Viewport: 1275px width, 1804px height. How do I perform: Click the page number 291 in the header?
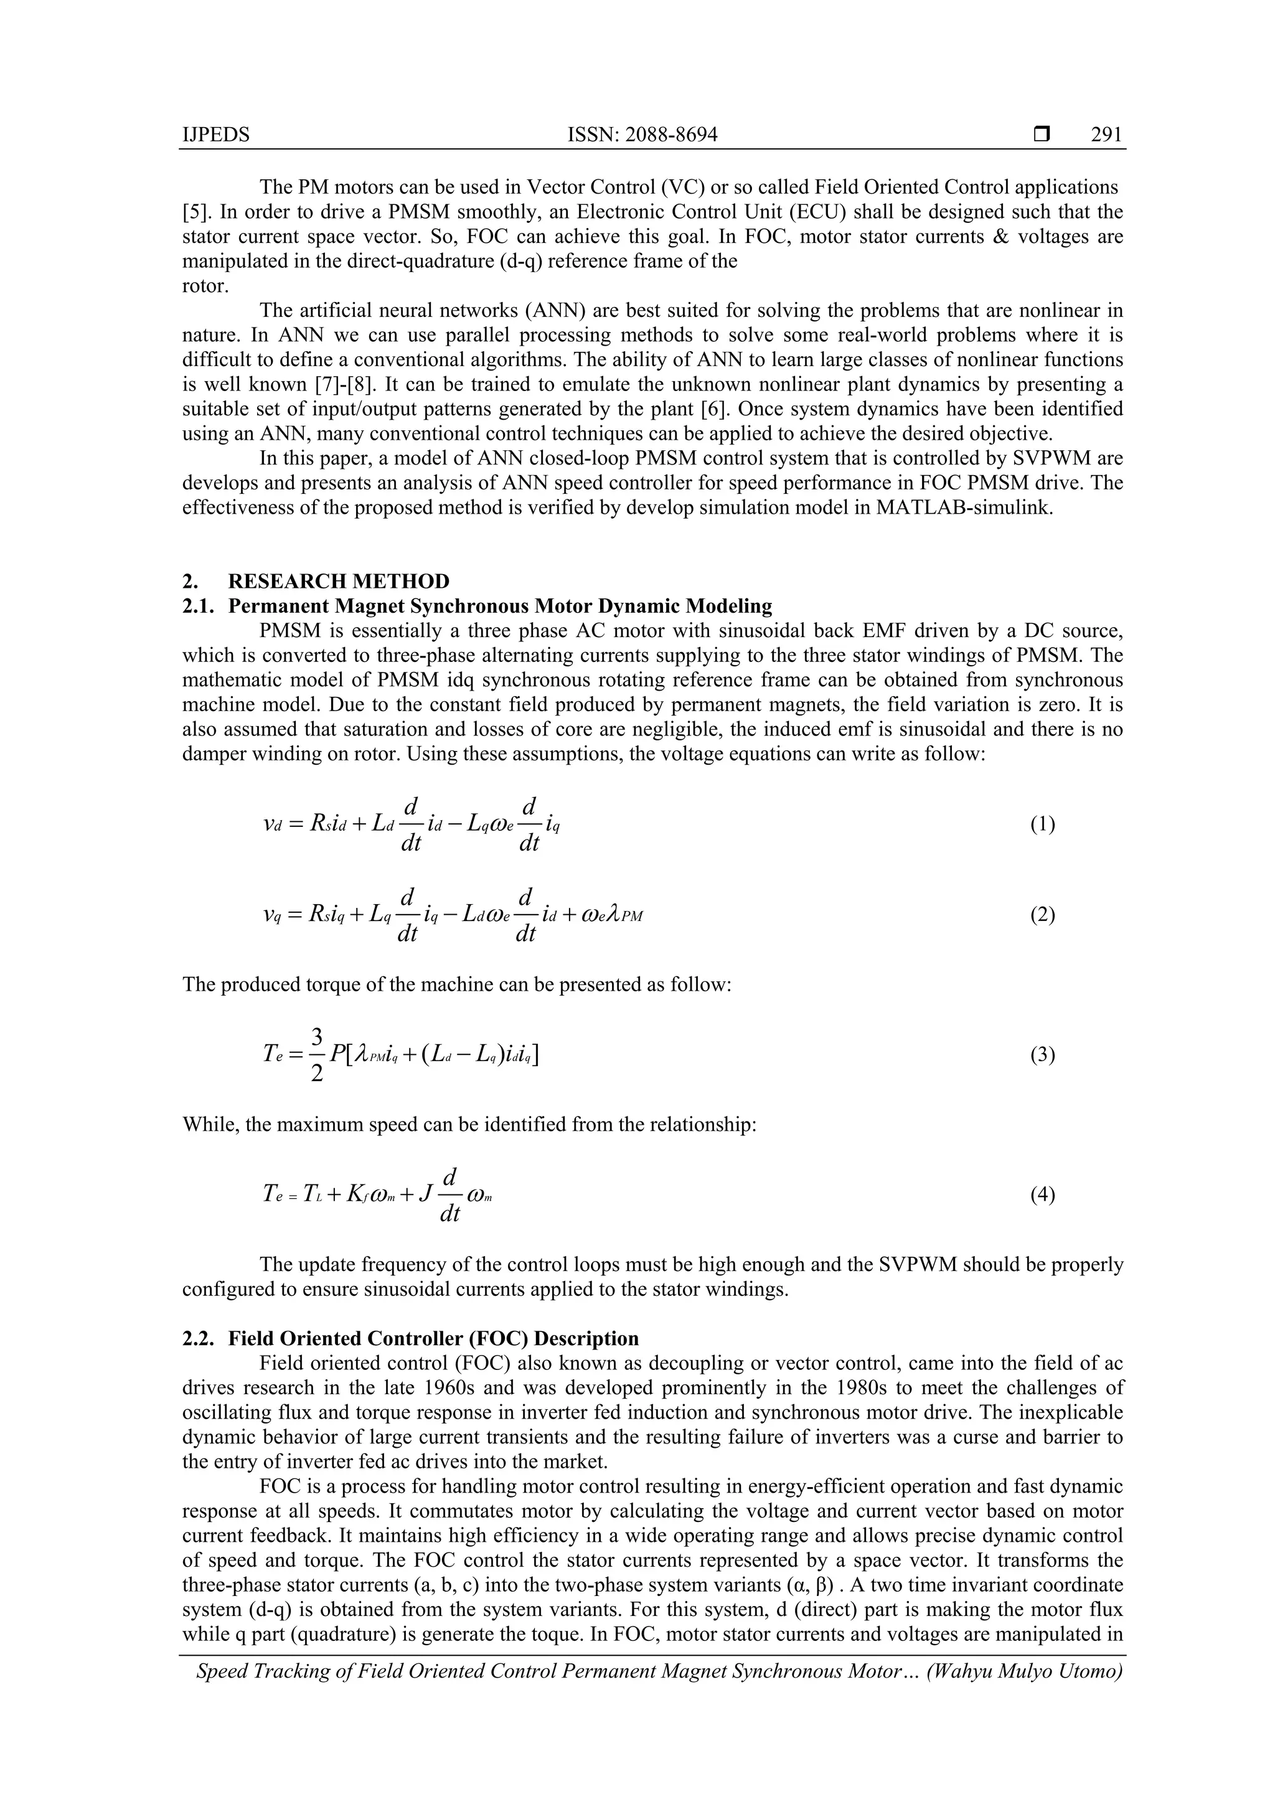coord(1106,135)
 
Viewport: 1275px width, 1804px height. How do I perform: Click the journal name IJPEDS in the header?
coord(216,135)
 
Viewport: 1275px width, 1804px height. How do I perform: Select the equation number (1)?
coord(1042,824)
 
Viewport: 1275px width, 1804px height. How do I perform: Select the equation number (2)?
coord(1042,915)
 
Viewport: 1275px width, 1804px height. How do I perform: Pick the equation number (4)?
coord(1042,1195)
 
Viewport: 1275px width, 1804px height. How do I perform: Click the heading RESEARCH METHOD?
coord(339,582)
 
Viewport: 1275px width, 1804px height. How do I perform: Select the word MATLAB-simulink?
coord(963,508)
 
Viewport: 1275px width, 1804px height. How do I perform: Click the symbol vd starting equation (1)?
coord(272,825)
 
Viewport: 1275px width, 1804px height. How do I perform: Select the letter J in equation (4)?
coord(426,1195)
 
